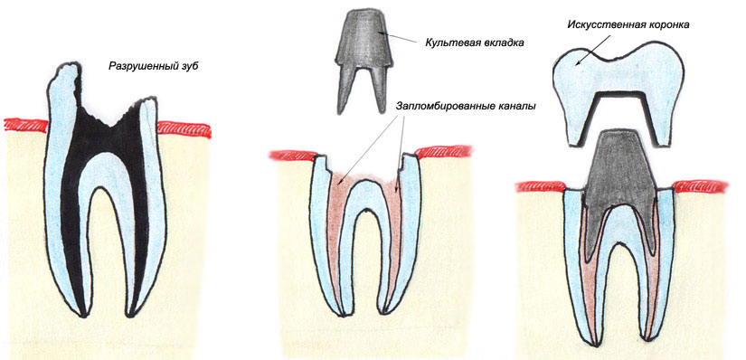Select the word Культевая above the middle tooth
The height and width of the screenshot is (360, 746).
coord(450,43)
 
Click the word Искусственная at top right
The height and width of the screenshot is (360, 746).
coord(600,24)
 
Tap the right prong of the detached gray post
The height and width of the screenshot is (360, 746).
coord(378,88)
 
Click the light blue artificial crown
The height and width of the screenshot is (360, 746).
coord(619,76)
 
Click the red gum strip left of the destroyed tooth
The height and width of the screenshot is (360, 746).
coord(25,126)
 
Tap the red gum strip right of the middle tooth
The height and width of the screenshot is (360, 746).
coord(443,151)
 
